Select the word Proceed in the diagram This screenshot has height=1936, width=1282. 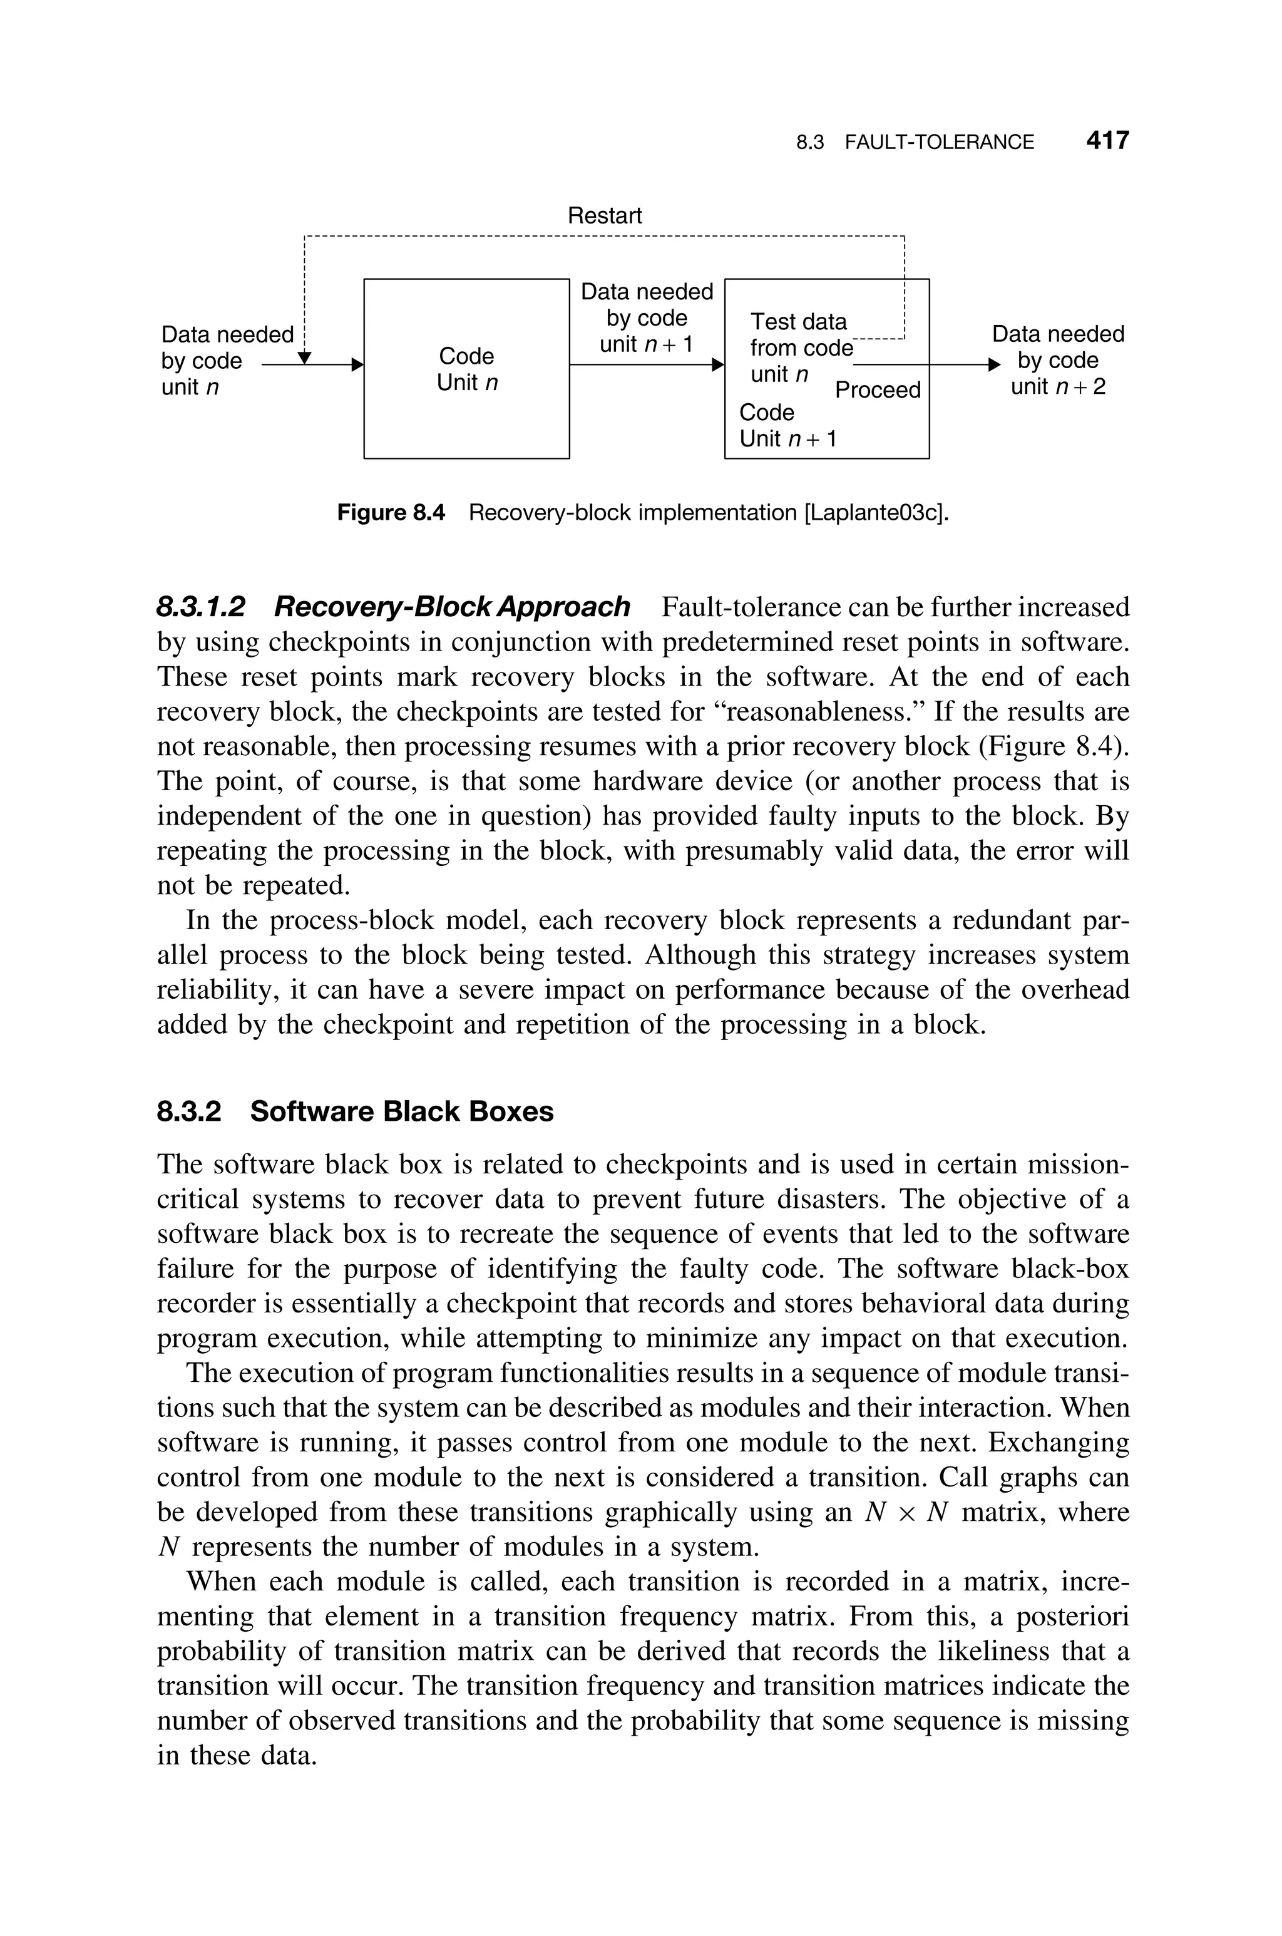pos(877,390)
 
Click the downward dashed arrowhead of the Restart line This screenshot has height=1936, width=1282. pos(304,358)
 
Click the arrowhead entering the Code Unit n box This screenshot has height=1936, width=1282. pos(357,364)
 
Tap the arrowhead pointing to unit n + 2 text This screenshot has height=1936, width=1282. pos(993,364)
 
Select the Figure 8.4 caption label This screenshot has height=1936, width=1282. pos(391,513)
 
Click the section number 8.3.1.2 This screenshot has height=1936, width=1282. pos(201,607)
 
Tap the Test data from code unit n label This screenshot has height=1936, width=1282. pos(799,348)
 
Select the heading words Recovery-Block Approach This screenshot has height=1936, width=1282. pos(452,607)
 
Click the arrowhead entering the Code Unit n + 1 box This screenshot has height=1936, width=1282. pos(719,364)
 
